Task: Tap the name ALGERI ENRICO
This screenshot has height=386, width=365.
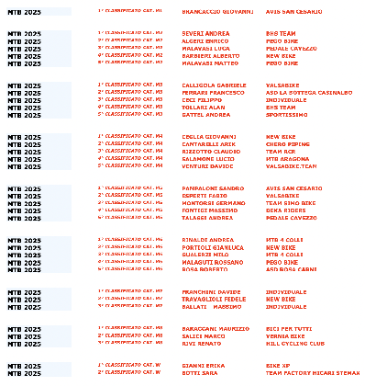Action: [x=204, y=41]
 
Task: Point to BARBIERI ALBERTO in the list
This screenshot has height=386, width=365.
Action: [x=208, y=56]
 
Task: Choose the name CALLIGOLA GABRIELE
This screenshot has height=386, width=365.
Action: [x=212, y=85]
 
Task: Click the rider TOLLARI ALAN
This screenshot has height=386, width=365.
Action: [x=204, y=108]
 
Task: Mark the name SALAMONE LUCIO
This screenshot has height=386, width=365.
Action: [x=207, y=159]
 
